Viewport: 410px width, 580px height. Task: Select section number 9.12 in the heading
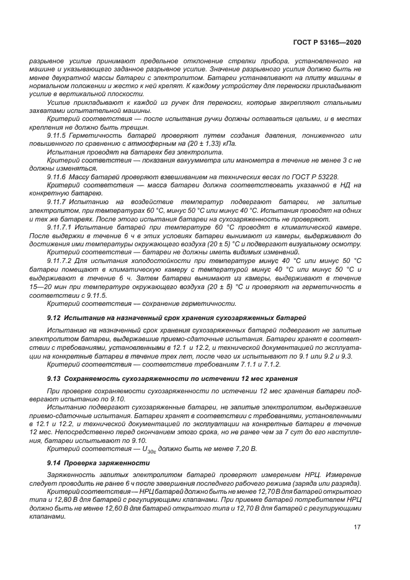pyautogui.click(x=54, y=317)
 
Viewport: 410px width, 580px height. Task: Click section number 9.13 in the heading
pyautogui.click(x=54, y=378)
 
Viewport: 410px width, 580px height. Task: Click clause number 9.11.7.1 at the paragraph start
pyautogui.click(x=60, y=227)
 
